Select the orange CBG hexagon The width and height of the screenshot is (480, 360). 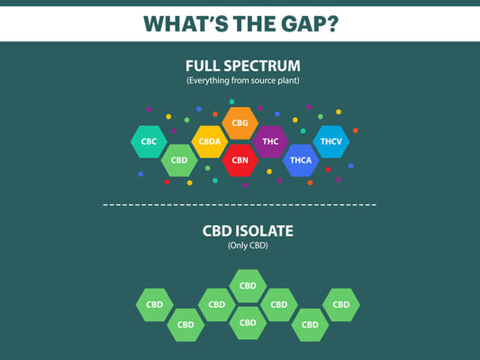point(240,123)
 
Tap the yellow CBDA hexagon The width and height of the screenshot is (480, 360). point(209,142)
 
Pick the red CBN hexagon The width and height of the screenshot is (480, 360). point(240,160)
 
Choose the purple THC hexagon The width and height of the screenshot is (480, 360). point(270,141)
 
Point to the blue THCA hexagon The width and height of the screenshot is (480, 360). point(300,160)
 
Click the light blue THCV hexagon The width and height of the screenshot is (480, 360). point(331,141)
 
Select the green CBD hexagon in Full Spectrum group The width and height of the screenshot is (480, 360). point(178,160)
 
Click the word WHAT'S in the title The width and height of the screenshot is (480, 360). point(185,22)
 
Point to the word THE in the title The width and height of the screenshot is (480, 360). point(249,22)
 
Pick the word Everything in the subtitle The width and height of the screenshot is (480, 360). point(208,81)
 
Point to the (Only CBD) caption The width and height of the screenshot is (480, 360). point(240,246)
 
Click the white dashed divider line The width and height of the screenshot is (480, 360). point(240,205)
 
